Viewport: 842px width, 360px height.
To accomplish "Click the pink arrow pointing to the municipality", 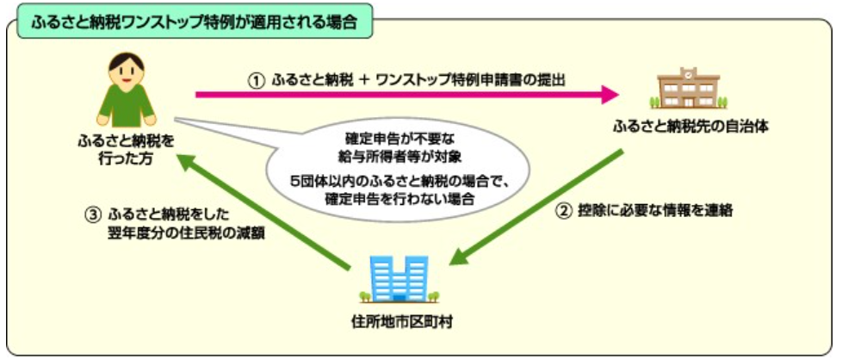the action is pyautogui.click(x=407, y=95).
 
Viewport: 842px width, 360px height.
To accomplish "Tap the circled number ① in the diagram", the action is pyautogui.click(x=257, y=81).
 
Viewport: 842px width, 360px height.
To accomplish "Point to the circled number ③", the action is pyautogui.click(x=92, y=215).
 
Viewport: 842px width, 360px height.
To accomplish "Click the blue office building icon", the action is pyautogui.click(x=399, y=278).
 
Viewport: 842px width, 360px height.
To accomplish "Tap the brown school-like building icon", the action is pyautogui.click(x=689, y=88).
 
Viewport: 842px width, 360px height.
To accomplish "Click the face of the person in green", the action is pyautogui.click(x=127, y=73).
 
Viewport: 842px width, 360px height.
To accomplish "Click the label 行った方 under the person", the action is pyautogui.click(x=127, y=158).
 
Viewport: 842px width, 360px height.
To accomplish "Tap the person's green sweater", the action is pyautogui.click(x=127, y=105).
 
